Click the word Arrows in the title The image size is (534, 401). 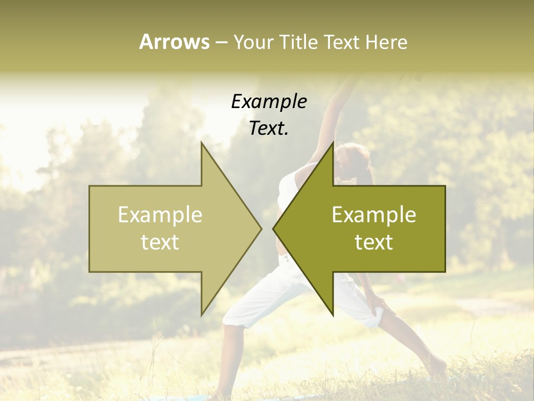(x=175, y=42)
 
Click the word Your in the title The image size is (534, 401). (x=253, y=42)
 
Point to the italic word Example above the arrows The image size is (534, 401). (x=269, y=102)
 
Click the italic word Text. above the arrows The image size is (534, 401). (x=269, y=129)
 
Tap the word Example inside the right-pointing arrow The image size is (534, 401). (x=160, y=215)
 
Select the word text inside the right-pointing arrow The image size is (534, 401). (x=160, y=242)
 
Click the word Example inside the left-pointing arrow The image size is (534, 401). (x=374, y=215)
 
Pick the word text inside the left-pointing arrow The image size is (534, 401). (x=374, y=242)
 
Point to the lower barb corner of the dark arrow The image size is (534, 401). (x=333, y=314)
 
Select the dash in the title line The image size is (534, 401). (x=221, y=42)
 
